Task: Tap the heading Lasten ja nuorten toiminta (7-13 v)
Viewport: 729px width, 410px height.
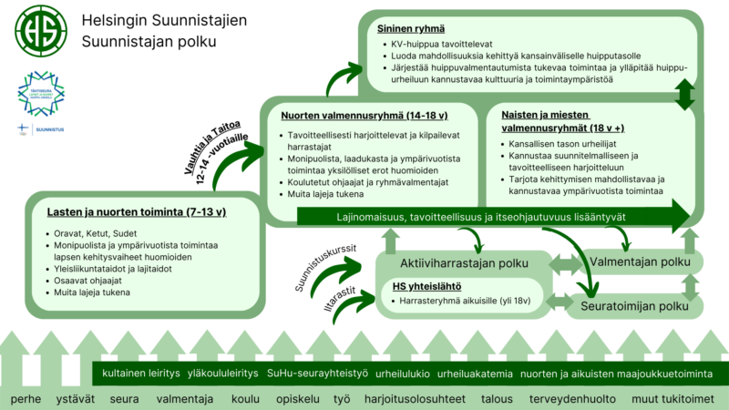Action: (137, 212)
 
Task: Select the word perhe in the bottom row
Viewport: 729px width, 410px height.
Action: (26, 399)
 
